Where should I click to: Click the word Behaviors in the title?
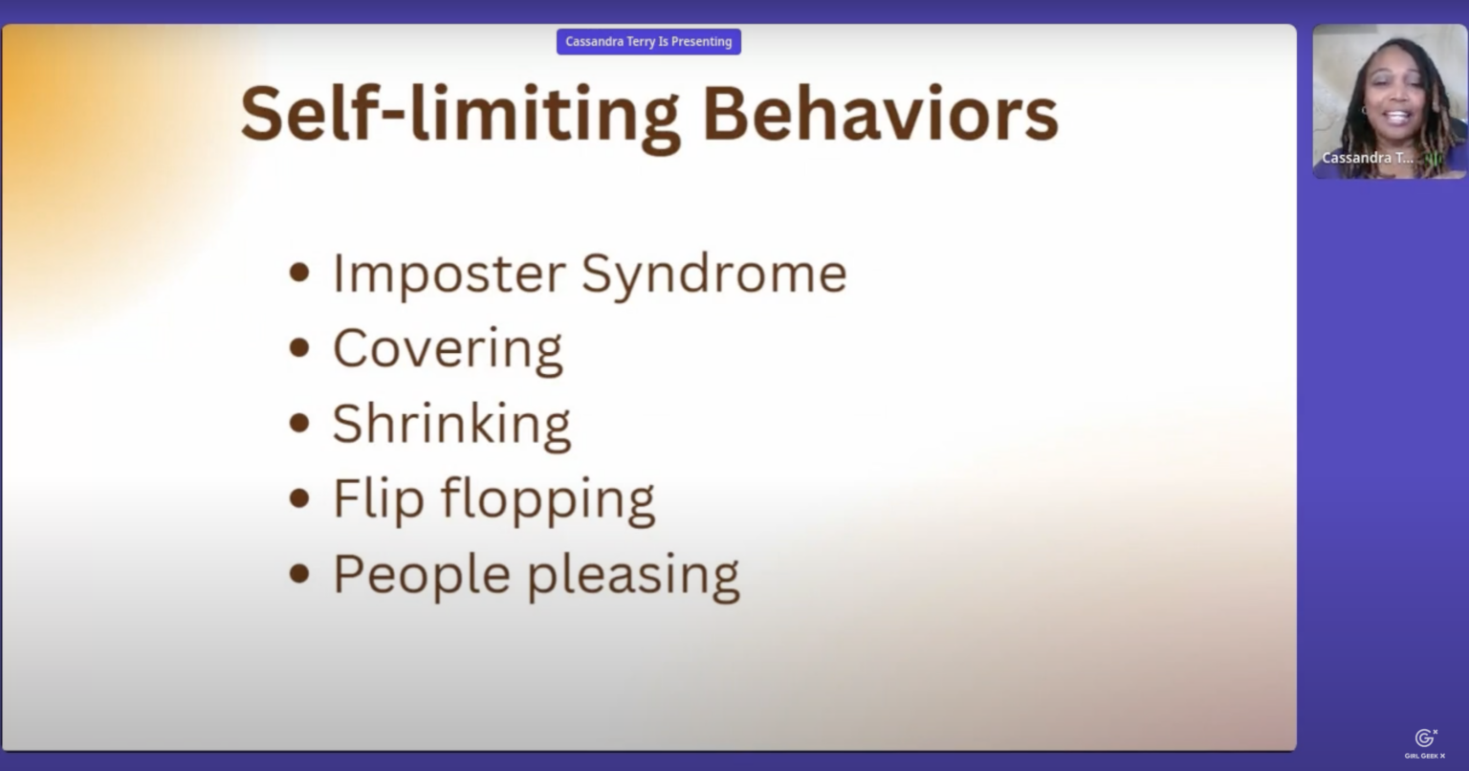coord(880,113)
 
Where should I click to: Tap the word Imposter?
coord(449,274)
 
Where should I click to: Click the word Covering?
coord(448,349)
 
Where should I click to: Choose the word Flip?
coord(379,500)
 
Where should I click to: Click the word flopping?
coord(548,500)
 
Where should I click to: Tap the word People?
coord(422,575)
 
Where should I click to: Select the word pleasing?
coord(633,576)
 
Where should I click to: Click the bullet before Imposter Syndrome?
coord(299,273)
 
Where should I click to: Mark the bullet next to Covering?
coord(299,348)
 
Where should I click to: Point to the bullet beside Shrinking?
coord(299,423)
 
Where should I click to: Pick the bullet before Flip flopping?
coord(299,498)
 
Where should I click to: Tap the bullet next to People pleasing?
coord(299,574)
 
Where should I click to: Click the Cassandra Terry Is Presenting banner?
coord(648,41)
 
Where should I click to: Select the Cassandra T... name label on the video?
coord(1368,158)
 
